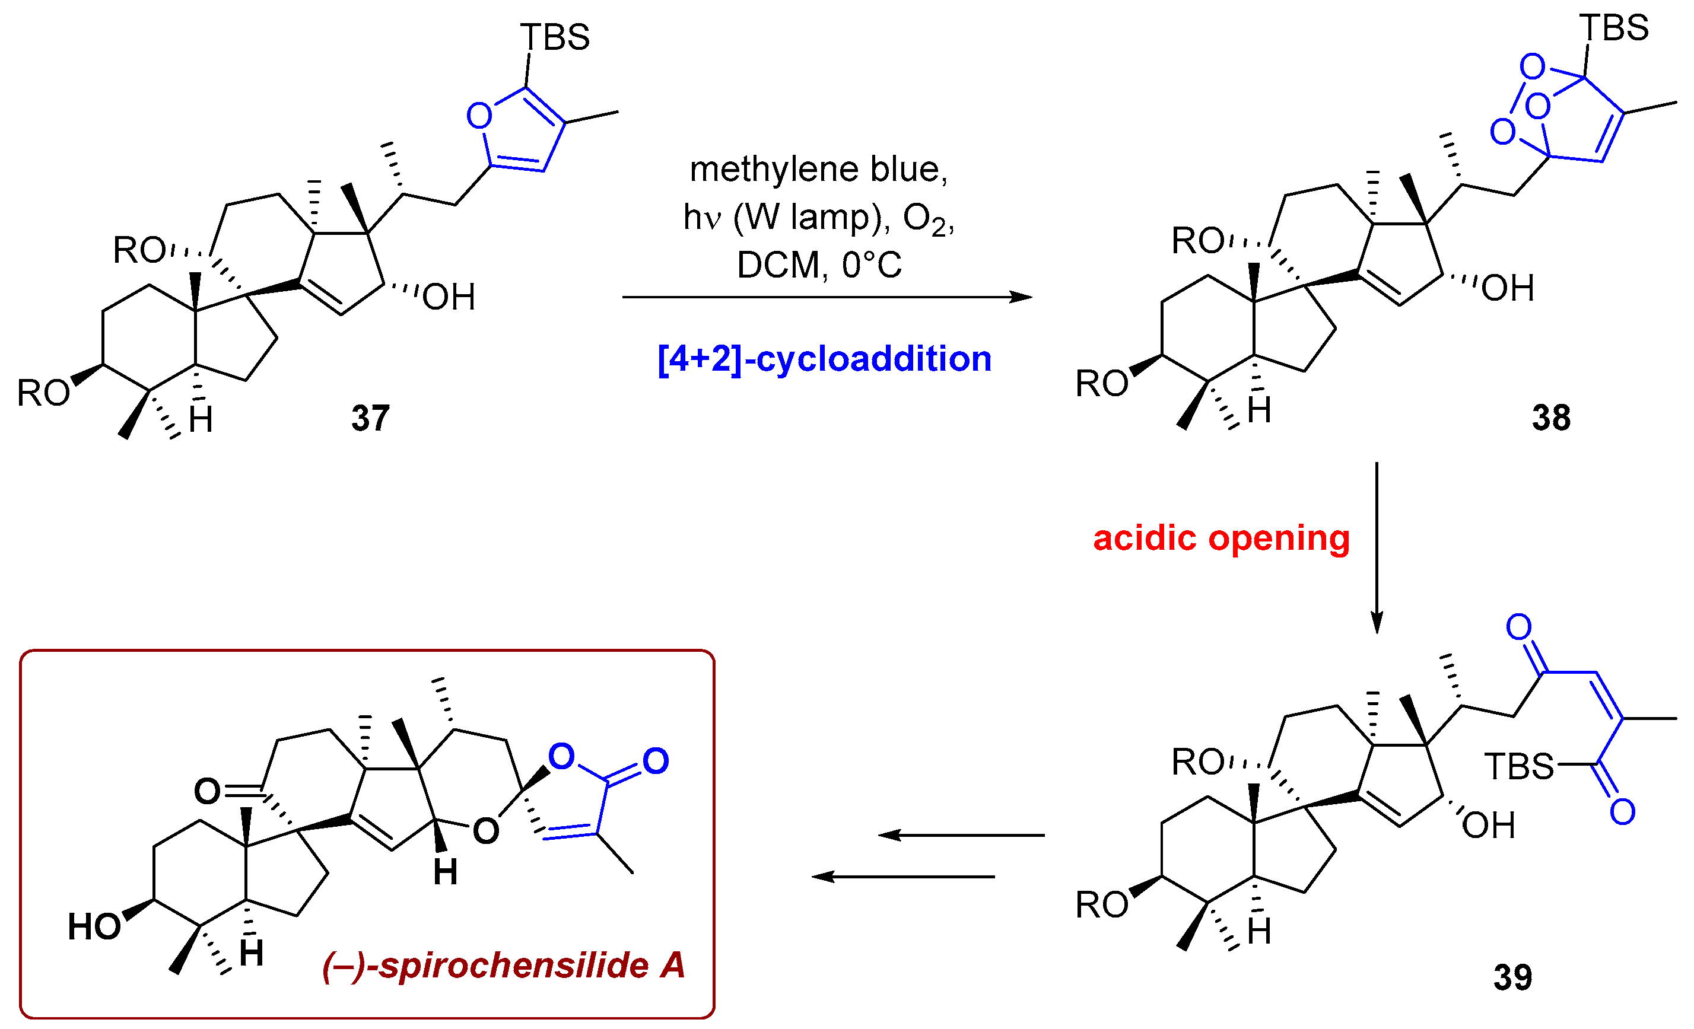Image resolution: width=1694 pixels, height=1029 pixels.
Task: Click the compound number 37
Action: tap(371, 418)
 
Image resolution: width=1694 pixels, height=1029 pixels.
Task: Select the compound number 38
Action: tap(1551, 418)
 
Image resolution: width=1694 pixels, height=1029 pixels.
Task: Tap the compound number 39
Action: tap(1512, 977)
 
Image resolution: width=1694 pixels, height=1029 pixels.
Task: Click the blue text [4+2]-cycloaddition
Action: tap(824, 359)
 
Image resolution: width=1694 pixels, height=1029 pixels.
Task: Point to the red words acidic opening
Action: tap(1221, 537)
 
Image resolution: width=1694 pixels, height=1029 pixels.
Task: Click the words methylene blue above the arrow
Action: tap(818, 169)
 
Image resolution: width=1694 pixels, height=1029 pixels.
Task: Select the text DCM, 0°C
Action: tap(819, 265)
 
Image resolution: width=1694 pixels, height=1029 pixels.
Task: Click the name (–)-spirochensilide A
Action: tap(503, 965)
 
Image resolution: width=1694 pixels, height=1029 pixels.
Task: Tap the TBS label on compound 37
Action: tap(554, 37)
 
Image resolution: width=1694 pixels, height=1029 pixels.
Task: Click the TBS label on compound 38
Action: tap(1613, 28)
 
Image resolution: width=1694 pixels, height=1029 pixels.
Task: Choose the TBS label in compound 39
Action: tap(1519, 766)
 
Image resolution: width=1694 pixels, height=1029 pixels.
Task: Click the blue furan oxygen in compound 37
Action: tap(479, 116)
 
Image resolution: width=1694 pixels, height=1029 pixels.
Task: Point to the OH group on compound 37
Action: tap(448, 298)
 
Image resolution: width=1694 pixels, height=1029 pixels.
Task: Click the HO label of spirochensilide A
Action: tap(94, 926)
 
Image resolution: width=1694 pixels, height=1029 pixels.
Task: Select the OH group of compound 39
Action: tap(1489, 826)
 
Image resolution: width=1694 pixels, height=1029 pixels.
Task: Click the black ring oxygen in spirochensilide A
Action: tap(485, 832)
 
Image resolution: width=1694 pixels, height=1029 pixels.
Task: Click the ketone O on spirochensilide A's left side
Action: tap(207, 791)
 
